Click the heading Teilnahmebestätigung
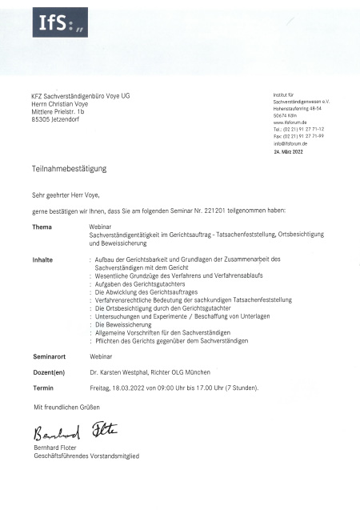tap(69, 170)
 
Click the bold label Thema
tap(42, 227)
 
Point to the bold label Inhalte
tap(42, 259)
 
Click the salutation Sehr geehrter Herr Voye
tap(66, 195)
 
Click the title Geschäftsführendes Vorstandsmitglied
tap(85, 456)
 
